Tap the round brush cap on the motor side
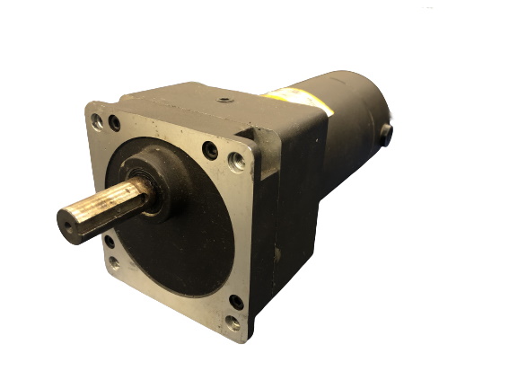[387, 135]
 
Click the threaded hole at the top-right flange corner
[237, 162]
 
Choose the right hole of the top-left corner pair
[114, 123]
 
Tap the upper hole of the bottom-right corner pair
[236, 302]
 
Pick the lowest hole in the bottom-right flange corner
[232, 323]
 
